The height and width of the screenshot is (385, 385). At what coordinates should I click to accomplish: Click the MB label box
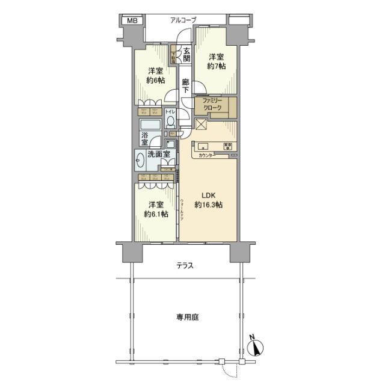(x=131, y=21)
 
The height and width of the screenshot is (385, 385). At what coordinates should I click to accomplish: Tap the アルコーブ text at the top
(x=183, y=20)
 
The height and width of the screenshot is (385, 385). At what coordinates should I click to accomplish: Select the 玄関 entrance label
(x=187, y=55)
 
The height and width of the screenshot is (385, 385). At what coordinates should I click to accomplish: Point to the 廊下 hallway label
(x=186, y=85)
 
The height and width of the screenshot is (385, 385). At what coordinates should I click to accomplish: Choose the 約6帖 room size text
(x=155, y=81)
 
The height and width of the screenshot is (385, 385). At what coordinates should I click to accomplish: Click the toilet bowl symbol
(x=170, y=121)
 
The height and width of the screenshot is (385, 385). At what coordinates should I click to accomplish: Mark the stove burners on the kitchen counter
(x=228, y=146)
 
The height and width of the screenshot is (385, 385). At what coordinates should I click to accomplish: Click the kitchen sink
(x=202, y=146)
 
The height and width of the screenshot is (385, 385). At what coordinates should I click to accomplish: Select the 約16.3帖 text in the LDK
(x=208, y=205)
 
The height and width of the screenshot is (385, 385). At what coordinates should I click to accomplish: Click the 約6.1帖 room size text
(x=155, y=214)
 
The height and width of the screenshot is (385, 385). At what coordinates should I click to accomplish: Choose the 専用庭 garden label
(x=187, y=316)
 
